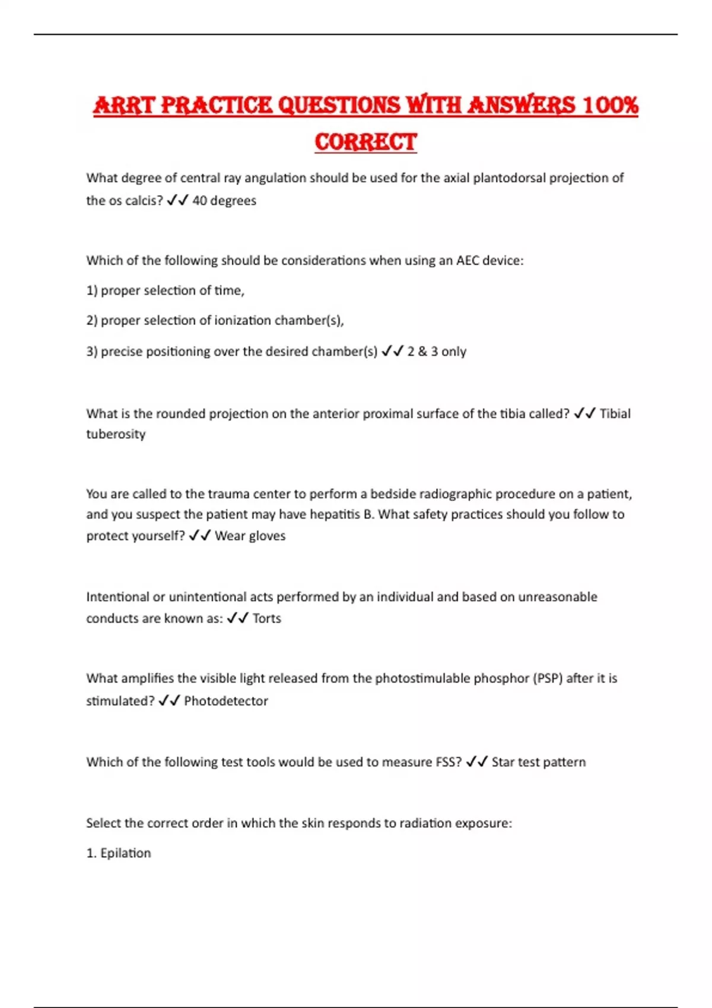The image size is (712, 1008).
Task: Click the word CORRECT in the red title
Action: click(365, 142)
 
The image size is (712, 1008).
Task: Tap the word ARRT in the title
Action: click(123, 106)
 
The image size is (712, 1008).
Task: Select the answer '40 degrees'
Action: click(224, 200)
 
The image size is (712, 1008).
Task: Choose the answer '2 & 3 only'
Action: click(437, 351)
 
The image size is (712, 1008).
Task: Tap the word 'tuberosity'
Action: click(116, 434)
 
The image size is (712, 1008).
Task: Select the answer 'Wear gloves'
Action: click(250, 535)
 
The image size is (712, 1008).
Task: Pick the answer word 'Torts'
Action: click(267, 618)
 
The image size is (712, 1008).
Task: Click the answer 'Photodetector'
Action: click(226, 700)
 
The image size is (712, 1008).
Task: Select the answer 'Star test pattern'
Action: click(539, 762)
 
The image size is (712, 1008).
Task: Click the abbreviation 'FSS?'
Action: click(449, 762)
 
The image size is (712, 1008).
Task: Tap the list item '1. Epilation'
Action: click(119, 853)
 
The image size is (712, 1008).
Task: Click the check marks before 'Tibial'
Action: click(584, 413)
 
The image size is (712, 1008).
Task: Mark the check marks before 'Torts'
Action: click(237, 618)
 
